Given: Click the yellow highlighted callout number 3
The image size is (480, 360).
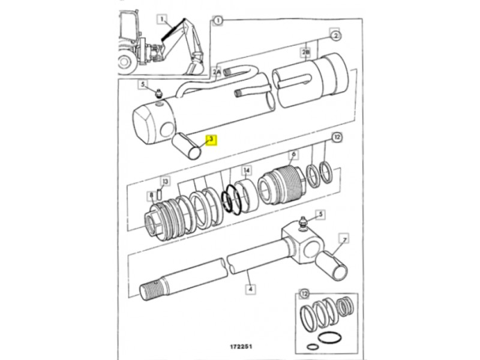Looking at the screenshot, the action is (x=211, y=140).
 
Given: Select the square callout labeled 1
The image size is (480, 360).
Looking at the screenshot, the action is (x=162, y=19).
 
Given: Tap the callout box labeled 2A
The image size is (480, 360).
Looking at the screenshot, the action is (x=217, y=72).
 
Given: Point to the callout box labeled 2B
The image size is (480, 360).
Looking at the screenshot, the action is (x=306, y=52).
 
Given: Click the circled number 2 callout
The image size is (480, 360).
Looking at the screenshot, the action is (x=336, y=36).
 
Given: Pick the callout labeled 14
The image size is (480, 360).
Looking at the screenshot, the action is (x=247, y=170).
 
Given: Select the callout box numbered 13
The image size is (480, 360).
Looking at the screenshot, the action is (x=166, y=182).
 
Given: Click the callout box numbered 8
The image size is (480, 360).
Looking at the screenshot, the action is (x=151, y=196).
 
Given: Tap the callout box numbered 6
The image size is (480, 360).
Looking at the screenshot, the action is (x=293, y=154).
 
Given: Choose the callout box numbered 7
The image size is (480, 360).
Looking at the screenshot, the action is (x=344, y=239).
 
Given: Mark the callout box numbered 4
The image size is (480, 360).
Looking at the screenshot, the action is (x=250, y=289).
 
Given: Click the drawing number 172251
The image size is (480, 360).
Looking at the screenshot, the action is (x=241, y=347).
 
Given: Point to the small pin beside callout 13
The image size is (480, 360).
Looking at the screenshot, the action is (x=159, y=195).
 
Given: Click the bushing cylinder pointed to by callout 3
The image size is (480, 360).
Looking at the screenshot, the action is (x=187, y=146).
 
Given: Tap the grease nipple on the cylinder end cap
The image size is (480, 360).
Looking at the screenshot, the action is (x=158, y=94).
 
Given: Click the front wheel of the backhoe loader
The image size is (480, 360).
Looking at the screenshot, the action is (x=125, y=62).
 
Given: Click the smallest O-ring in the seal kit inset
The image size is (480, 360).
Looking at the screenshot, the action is (x=312, y=347).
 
